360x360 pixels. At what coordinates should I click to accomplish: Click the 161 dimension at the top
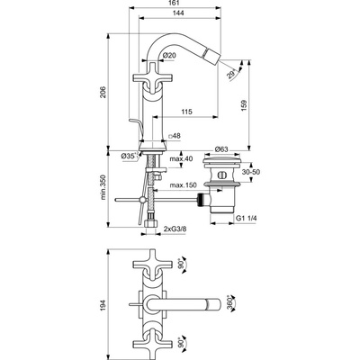(x=175, y=4)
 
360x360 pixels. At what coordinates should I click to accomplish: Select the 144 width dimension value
(x=178, y=13)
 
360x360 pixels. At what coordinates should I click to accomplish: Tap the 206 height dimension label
(x=103, y=92)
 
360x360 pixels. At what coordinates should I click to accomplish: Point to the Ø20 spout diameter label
(x=169, y=56)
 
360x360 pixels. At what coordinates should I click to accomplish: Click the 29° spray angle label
(x=231, y=74)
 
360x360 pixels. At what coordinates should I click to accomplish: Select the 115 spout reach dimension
(x=186, y=112)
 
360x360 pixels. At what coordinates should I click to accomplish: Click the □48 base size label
(x=175, y=136)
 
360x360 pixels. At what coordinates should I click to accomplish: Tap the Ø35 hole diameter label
(x=128, y=156)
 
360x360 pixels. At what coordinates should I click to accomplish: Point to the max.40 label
(x=181, y=158)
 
